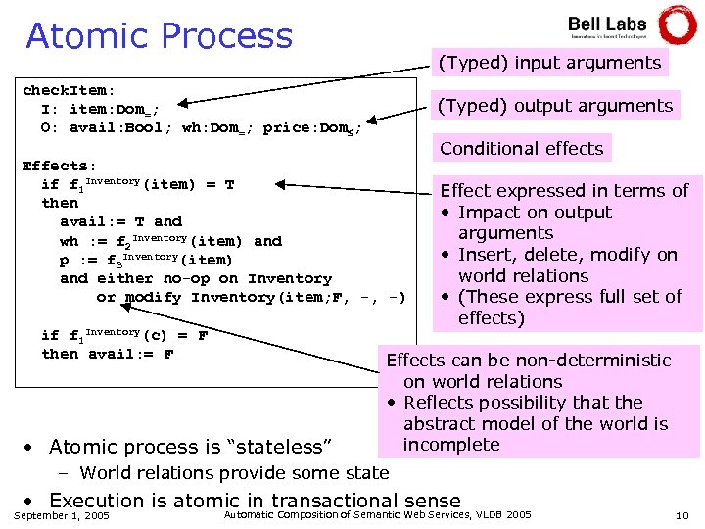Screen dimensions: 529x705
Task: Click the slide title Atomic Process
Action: pyautogui.click(x=159, y=36)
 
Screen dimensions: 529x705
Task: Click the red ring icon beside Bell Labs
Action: pyautogui.click(x=678, y=24)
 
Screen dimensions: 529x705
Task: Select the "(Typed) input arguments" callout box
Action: pyautogui.click(x=549, y=63)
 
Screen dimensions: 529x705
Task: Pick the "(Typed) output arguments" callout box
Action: pyautogui.click(x=555, y=106)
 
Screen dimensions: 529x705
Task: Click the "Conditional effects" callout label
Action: pyautogui.click(x=521, y=149)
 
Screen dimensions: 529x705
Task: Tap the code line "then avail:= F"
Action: pyautogui.click(x=108, y=354)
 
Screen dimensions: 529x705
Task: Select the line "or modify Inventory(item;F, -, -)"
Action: pyautogui.click(x=251, y=297)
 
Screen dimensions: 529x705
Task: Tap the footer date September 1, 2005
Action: pyautogui.click(x=64, y=515)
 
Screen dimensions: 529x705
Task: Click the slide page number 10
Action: pyautogui.click(x=682, y=515)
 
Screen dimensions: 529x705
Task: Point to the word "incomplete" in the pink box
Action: pyautogui.click(x=451, y=445)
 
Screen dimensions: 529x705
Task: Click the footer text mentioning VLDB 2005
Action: pyautogui.click(x=378, y=514)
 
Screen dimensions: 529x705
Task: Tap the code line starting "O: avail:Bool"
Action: pyautogui.click(x=201, y=127)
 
